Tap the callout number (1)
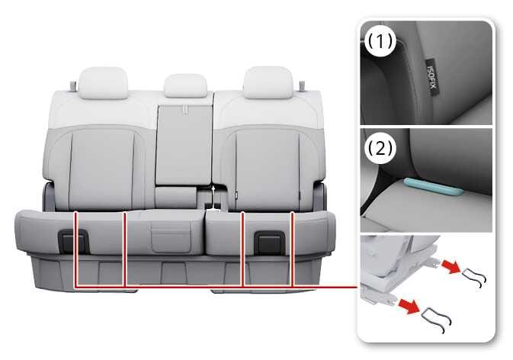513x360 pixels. tap(380, 41)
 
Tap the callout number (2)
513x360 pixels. tap(380, 148)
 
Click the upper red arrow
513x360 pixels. tap(450, 266)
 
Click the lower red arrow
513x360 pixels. tap(409, 307)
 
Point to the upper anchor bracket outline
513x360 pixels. tap(474, 277)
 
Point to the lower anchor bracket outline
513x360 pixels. tap(437, 320)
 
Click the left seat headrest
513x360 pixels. tap(103, 83)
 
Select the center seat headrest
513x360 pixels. tap(186, 85)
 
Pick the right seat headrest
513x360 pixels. tap(268, 82)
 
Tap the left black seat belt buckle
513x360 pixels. tap(74, 242)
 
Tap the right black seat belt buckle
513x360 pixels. tap(270, 243)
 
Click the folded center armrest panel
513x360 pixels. tap(184, 145)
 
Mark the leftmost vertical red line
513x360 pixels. tap(76, 249)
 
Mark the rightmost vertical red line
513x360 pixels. tap(293, 249)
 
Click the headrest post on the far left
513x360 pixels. tap(73, 86)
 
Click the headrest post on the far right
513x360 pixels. tap(302, 86)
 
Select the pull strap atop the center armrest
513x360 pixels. tap(185, 109)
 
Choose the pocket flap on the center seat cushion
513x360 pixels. tap(171, 239)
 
